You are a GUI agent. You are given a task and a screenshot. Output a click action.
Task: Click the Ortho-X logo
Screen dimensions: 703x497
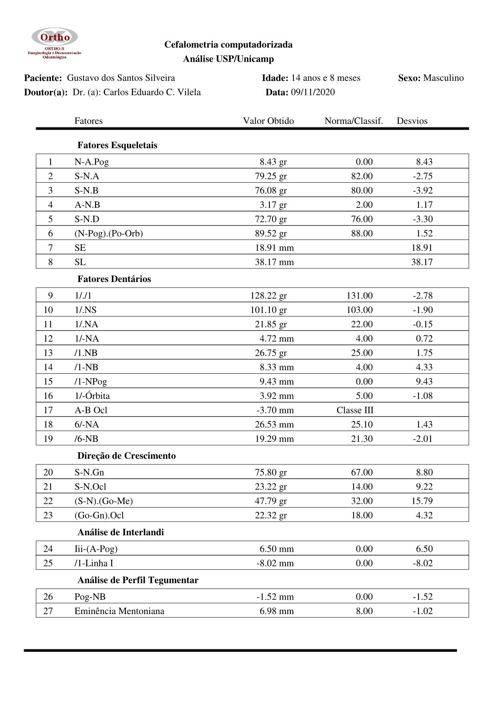coord(55,43)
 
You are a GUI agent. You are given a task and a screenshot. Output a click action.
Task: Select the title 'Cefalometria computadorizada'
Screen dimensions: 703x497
coord(228,44)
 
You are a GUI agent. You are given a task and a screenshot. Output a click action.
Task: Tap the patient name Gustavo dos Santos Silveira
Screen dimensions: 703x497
coord(121,78)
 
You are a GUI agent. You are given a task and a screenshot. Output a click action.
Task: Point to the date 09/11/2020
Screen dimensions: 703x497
coord(313,92)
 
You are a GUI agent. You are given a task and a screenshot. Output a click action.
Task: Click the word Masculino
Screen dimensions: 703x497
coord(443,78)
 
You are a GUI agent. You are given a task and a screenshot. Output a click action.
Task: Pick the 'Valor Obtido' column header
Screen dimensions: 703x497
coord(268,121)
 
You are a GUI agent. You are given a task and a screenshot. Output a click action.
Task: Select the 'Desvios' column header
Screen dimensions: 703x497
coord(412,121)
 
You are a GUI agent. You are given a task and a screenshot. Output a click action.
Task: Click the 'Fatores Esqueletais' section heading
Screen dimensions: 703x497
coord(117,145)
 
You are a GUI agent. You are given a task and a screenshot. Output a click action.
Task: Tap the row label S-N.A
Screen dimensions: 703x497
coord(87,176)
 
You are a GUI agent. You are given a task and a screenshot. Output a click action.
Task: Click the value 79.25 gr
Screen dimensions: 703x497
coord(271,176)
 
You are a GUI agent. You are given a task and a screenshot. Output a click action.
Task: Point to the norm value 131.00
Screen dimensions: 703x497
coord(360,296)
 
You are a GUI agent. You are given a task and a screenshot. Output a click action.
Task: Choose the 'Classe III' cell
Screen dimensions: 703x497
coord(355,410)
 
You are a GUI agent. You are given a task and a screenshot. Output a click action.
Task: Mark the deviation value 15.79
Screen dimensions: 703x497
coord(422,501)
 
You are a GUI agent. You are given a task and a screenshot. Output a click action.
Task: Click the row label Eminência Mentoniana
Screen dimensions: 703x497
coord(119,611)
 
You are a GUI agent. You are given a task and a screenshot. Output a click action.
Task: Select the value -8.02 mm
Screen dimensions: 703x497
coord(275,563)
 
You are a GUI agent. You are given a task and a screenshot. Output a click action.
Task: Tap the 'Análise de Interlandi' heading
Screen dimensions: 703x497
coord(120,532)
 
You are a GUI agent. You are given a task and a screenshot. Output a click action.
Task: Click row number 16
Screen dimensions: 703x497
coord(48,396)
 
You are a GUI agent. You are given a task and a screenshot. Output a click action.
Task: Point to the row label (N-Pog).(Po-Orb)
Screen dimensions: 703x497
coord(108,234)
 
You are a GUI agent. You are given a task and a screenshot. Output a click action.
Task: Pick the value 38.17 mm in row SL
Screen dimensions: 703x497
coord(274,262)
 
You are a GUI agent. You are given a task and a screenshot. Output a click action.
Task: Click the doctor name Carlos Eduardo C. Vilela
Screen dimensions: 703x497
coord(152,92)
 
